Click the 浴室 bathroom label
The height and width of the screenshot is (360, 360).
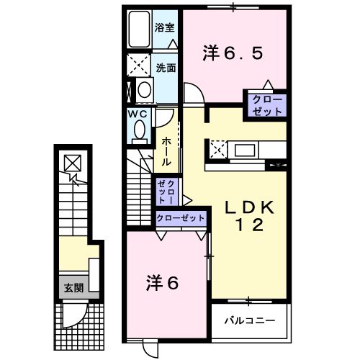tap(164, 28)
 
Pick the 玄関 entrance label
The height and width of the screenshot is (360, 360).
tap(72, 287)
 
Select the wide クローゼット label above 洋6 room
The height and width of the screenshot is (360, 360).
tap(181, 217)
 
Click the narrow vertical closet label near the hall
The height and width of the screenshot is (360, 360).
tap(166, 191)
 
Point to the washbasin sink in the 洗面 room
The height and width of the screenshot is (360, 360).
tap(145, 90)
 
